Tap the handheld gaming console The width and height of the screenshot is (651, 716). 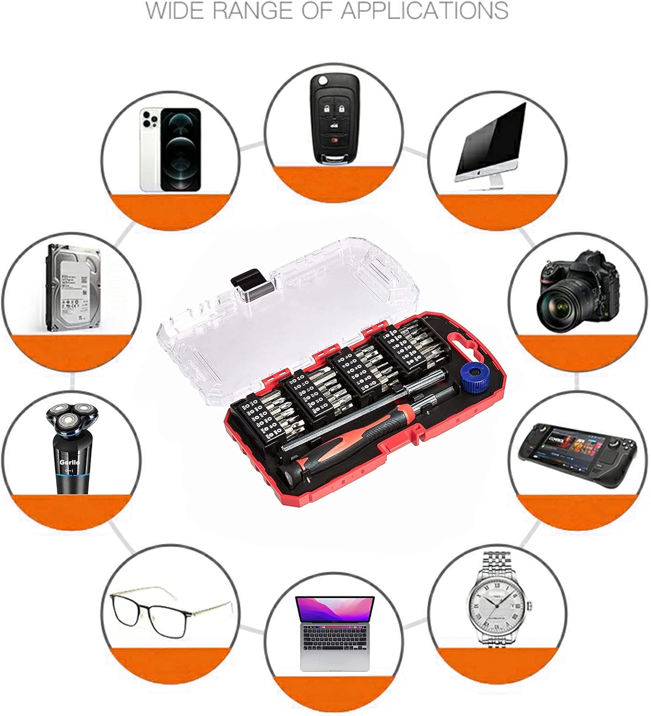577,453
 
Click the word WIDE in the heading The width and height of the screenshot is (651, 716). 177,11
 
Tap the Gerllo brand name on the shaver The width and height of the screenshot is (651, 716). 70,462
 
